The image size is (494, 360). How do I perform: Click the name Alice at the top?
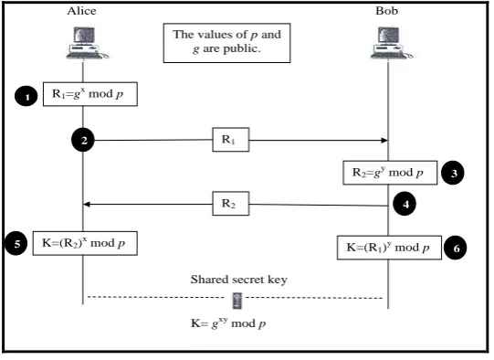point(81,11)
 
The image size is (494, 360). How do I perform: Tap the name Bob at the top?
point(386,11)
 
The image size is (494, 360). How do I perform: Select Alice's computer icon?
point(87,43)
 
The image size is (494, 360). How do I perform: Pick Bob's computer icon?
point(392,43)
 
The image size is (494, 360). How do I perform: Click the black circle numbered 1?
point(26,96)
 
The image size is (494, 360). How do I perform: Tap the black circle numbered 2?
point(83,140)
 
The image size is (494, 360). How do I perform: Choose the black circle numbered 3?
point(453,173)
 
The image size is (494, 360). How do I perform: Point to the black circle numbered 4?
point(405,204)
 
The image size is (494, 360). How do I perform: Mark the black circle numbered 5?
point(16,243)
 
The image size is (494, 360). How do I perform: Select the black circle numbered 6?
point(456,248)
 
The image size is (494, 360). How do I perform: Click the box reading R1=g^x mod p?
point(90,94)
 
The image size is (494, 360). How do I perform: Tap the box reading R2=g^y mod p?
point(390,173)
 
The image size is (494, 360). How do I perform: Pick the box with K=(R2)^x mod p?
point(85,243)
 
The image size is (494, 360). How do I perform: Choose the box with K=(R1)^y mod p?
point(389,248)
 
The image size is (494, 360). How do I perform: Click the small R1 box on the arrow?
point(231,140)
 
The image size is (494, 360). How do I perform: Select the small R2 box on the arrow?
point(231,204)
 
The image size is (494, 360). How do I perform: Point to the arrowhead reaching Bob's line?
point(384,141)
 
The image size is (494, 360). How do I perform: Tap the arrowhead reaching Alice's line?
point(87,205)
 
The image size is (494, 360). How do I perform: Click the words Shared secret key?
point(239,280)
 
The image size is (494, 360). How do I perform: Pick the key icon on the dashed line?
point(237,301)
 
